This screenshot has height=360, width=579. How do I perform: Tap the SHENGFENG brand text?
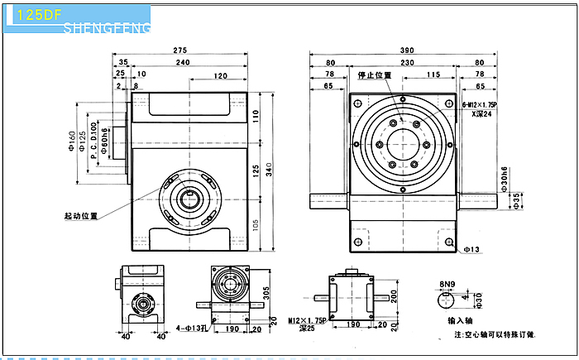coord(107,29)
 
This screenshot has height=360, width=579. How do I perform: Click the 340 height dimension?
coord(270,170)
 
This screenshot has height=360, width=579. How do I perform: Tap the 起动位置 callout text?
coord(81,216)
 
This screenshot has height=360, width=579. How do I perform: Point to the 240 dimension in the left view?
coord(183,63)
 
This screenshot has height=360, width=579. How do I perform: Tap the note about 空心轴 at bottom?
coord(495,334)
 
